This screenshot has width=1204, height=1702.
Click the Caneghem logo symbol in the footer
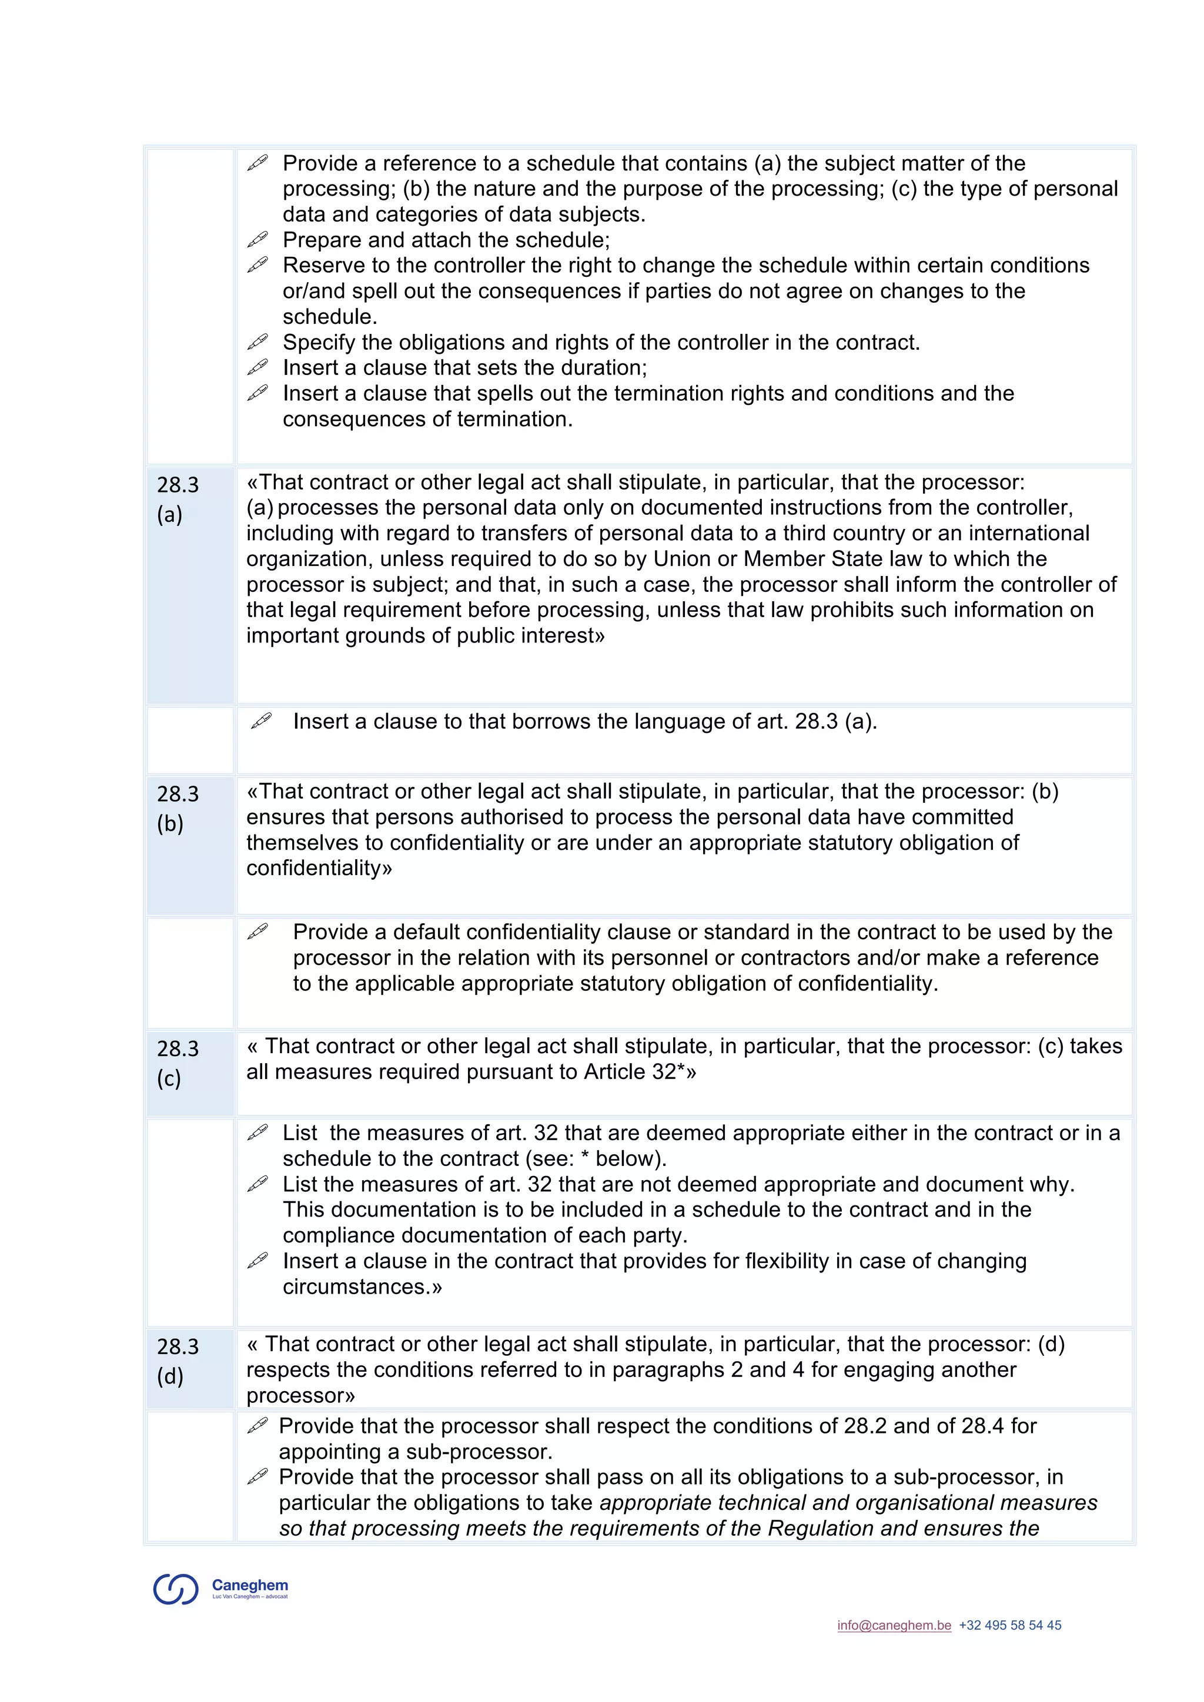[x=176, y=1589]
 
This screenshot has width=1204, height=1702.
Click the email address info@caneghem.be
[x=894, y=1625]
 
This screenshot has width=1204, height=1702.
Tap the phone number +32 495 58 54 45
[x=1010, y=1625]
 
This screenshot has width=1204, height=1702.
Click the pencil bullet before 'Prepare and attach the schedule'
[x=257, y=239]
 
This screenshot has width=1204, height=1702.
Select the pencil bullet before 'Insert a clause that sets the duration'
[x=257, y=366]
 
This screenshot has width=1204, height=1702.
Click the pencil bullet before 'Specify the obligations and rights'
[x=257, y=341]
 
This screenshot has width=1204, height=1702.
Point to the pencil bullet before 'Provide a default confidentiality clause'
[x=257, y=931]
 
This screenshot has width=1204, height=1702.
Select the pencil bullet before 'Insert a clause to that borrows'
[x=261, y=720]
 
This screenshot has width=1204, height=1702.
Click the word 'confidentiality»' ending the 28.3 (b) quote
[x=319, y=868]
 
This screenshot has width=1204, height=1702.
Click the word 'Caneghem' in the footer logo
[x=250, y=1585]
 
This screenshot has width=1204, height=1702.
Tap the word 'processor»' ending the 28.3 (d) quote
[x=300, y=1395]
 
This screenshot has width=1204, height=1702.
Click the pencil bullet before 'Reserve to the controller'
[x=257, y=264]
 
